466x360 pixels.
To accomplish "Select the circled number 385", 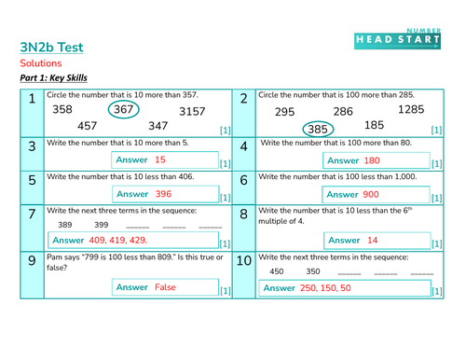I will coord(320,128).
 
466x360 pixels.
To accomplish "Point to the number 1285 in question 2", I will coord(410,110).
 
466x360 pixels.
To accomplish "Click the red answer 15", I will coord(160,159).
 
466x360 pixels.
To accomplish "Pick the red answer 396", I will coord(163,194).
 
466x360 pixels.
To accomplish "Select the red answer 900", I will coord(370,194).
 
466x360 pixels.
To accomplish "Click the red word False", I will coord(165,287).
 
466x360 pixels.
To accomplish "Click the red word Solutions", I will coord(40,62).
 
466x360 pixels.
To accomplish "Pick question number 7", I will coord(31,215).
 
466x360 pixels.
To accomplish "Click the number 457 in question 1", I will coord(88,126).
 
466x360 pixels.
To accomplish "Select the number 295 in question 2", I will coord(285,112).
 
